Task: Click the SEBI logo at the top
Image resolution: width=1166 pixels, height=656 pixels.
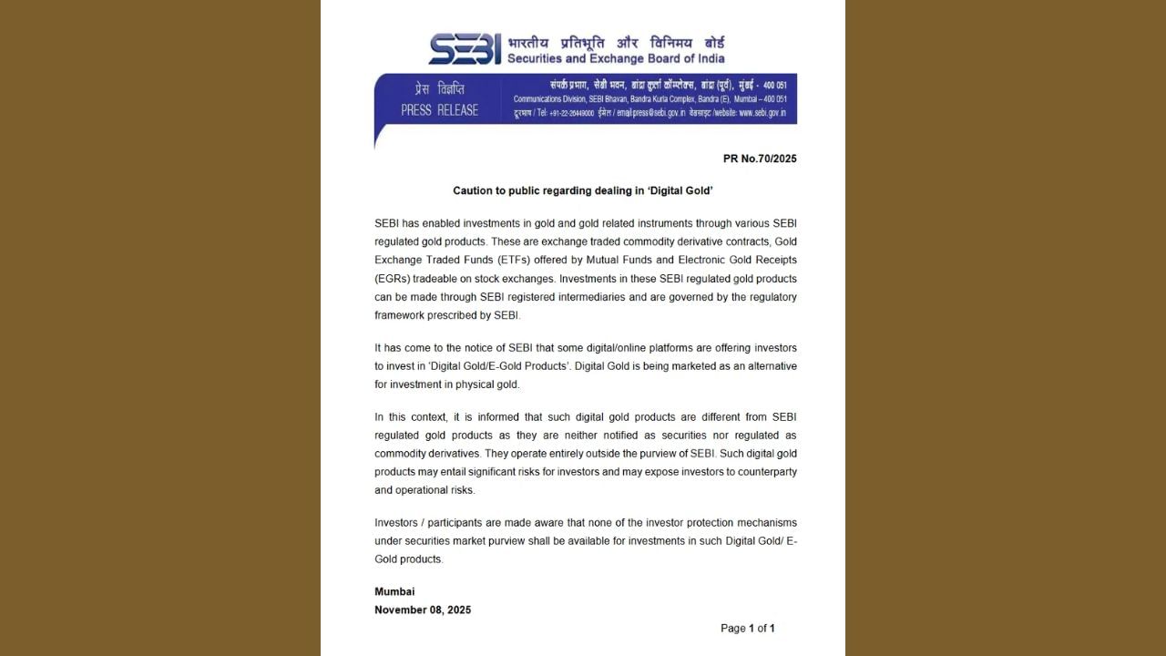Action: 465,48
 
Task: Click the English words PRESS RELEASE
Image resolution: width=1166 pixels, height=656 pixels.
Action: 439,110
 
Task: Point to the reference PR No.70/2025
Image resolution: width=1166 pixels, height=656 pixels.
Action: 760,159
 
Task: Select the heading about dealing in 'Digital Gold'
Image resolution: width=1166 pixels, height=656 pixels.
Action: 583,190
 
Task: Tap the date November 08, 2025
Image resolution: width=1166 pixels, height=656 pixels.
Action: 423,610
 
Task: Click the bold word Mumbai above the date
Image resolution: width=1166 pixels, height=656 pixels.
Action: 394,591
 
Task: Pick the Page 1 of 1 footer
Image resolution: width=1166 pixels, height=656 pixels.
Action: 747,628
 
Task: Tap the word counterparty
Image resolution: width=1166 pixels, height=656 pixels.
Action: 767,471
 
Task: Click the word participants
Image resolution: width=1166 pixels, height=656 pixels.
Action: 446,522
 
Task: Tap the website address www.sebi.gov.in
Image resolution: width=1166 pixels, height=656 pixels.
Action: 762,113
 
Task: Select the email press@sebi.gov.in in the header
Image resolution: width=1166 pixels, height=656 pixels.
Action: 650,113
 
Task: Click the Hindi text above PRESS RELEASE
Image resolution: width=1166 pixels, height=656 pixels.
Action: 439,89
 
